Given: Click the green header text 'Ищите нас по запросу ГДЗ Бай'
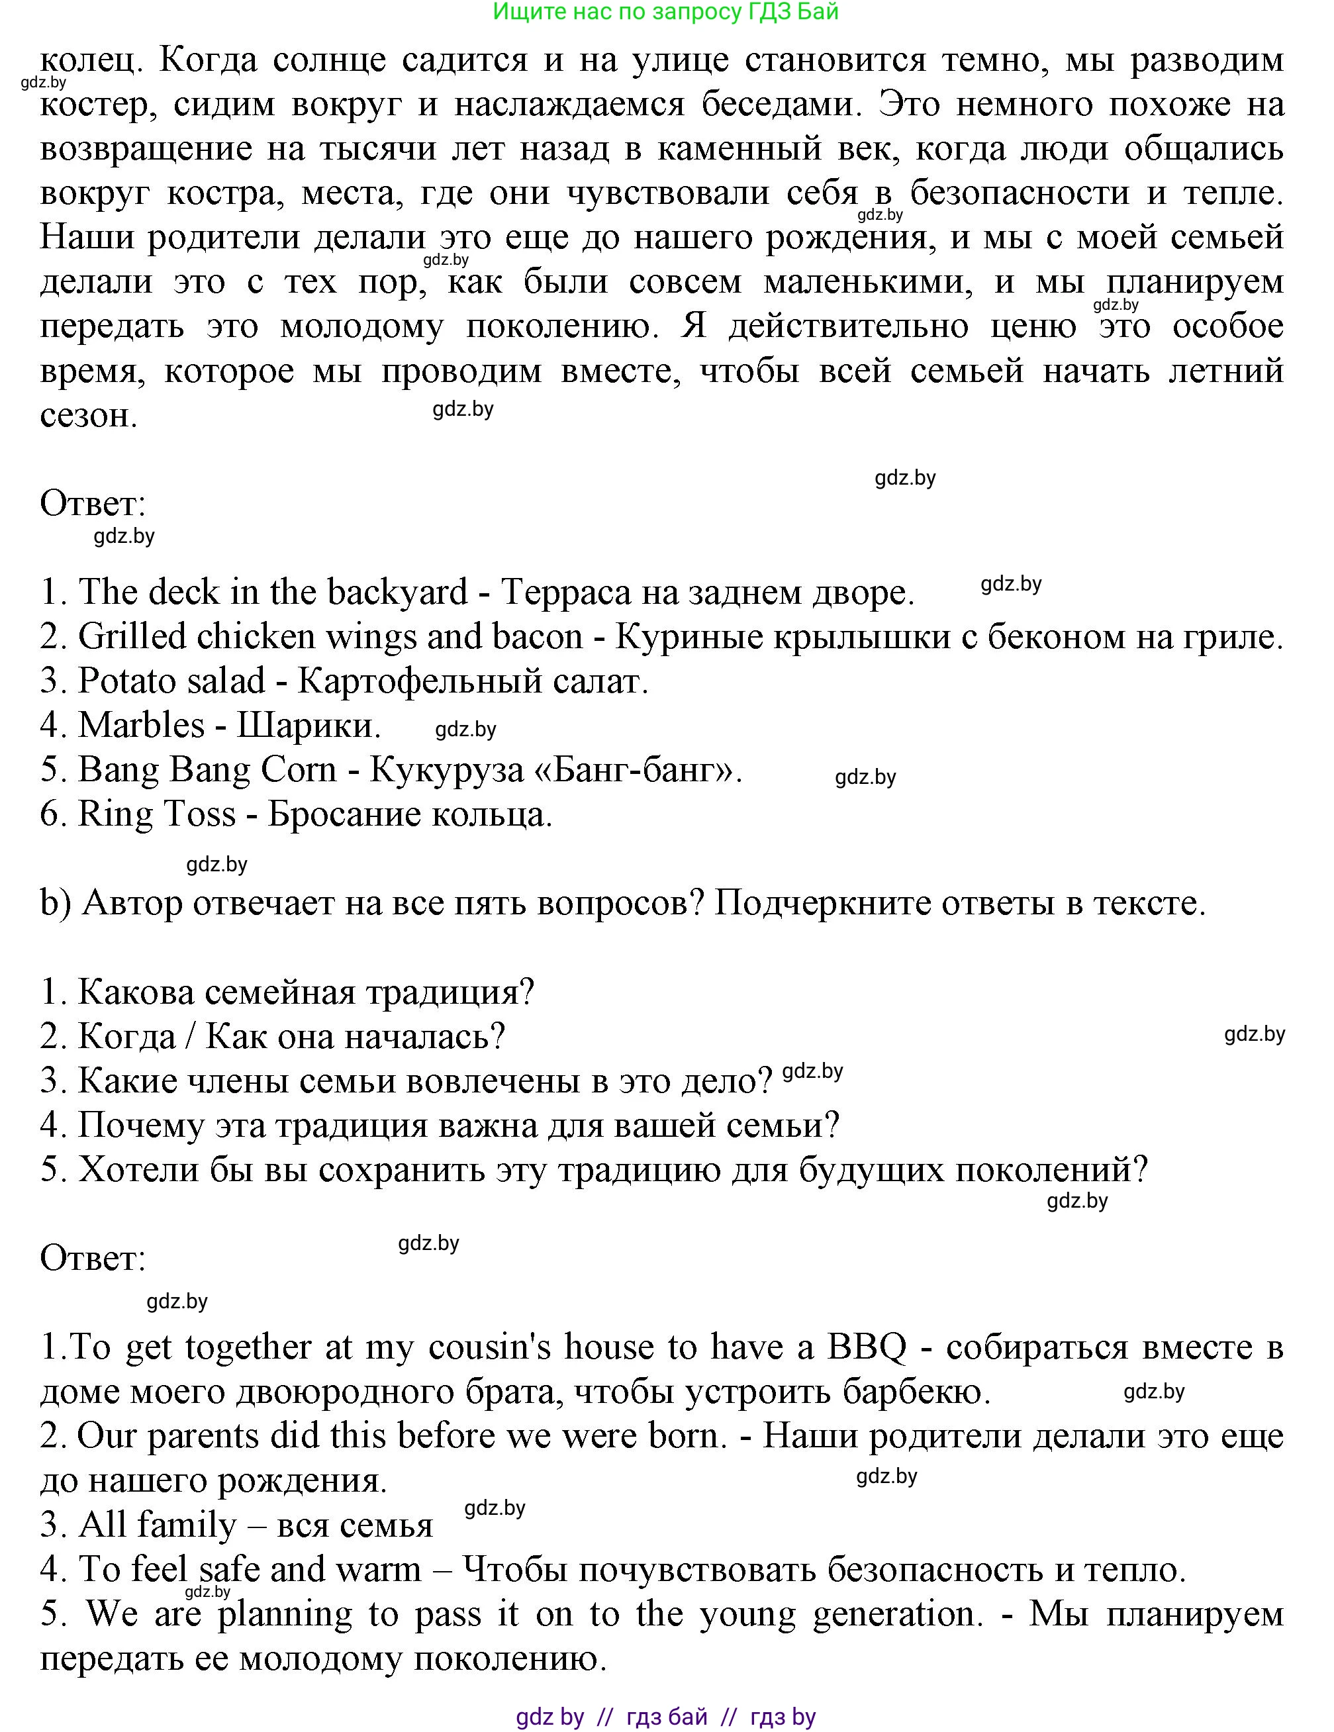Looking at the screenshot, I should (x=665, y=12).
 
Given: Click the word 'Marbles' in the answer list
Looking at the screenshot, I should (x=142, y=726).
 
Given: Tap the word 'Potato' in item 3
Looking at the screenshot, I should (x=131, y=681).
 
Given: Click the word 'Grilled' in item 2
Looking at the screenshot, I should (x=132, y=637).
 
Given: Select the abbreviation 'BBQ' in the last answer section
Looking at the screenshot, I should (x=866, y=1347).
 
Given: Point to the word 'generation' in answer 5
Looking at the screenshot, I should (x=896, y=1614).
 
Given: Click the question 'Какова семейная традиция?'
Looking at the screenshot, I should (x=305, y=992).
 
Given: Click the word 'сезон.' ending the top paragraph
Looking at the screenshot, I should (x=89, y=416).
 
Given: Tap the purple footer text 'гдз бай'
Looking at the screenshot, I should (x=667, y=1717).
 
